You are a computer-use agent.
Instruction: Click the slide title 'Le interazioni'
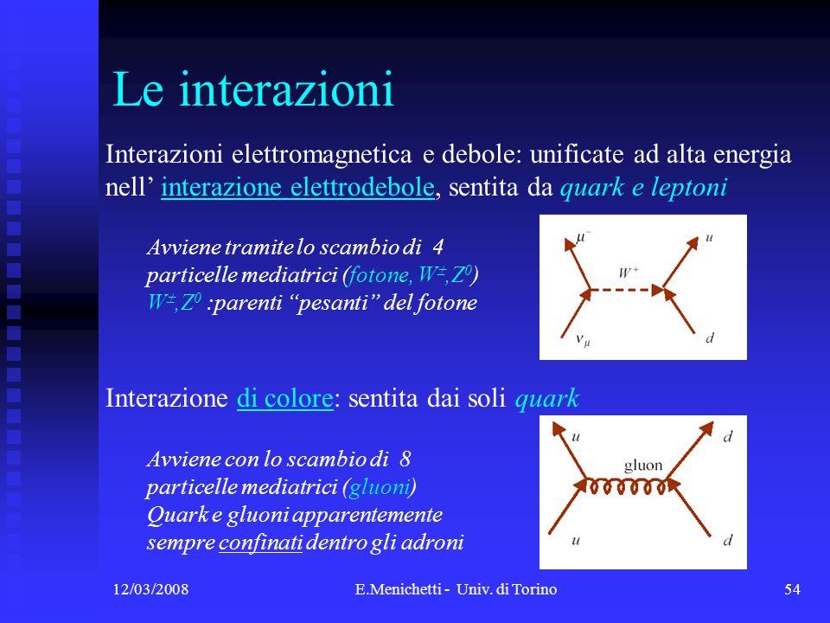[253, 89]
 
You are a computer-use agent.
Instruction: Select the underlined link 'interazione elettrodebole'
[297, 188]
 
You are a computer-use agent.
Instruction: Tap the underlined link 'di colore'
[284, 398]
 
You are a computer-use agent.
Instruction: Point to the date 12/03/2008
[150, 589]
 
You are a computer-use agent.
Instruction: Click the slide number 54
[792, 589]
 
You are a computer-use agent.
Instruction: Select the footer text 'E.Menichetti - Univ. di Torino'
[456, 589]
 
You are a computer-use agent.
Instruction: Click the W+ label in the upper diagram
[629, 273]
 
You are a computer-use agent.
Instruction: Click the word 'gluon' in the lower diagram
[643, 466]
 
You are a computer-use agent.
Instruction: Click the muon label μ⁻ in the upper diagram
[582, 237]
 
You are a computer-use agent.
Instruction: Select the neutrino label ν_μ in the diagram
[583, 339]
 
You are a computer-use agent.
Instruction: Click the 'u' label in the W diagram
[709, 238]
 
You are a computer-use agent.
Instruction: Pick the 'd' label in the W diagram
[710, 337]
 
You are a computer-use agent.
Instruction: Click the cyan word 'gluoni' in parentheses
[380, 487]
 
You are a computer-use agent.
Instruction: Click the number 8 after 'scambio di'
[405, 459]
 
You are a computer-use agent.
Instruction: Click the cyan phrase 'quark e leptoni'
[643, 188]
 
